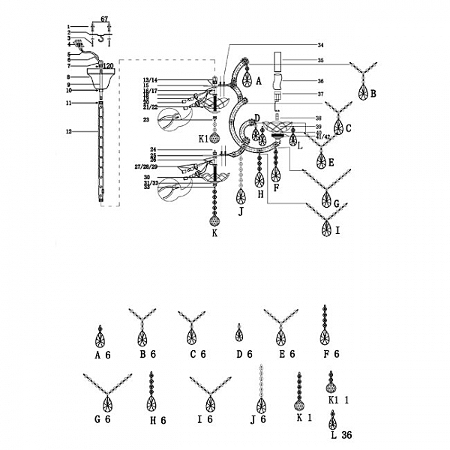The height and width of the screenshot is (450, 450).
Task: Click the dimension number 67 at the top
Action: (104, 16)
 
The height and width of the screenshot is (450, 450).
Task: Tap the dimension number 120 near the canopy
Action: (108, 66)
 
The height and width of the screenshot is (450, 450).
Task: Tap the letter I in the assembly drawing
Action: (337, 230)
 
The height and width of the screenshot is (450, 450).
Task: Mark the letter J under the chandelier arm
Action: (241, 211)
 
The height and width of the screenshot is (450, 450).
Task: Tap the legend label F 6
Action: (330, 354)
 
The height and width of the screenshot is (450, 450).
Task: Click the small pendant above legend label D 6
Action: (239, 333)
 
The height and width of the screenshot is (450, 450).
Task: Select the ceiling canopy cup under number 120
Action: (100, 77)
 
